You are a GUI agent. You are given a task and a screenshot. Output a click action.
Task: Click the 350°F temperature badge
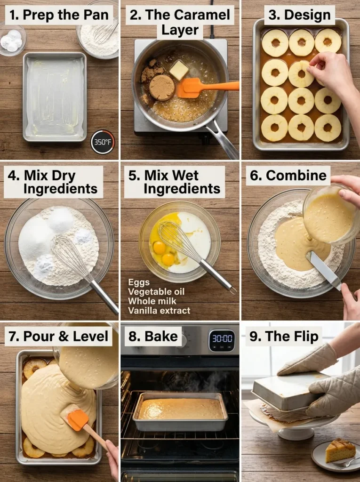pyautogui.click(x=103, y=142)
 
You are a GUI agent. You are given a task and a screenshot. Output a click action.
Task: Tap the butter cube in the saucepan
pyautogui.click(x=179, y=70)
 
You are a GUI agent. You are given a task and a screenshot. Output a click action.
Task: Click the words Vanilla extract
pyautogui.click(x=159, y=310)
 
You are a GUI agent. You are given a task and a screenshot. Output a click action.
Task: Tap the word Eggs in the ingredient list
pyautogui.click(x=139, y=282)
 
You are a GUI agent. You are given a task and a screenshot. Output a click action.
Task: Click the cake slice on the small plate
pyautogui.click(x=340, y=450)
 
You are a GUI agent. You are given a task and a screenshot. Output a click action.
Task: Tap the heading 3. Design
pyautogui.click(x=300, y=15)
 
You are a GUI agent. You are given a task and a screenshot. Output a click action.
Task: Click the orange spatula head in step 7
pyautogui.click(x=78, y=419)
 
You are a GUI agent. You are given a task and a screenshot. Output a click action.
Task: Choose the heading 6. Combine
pyautogui.click(x=288, y=176)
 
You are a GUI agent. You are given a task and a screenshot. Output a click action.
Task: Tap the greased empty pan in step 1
pyautogui.click(x=55, y=96)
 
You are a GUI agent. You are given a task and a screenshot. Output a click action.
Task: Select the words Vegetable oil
pyautogui.click(x=156, y=291)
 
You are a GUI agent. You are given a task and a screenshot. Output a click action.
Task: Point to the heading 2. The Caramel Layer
pyautogui.click(x=180, y=22)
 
